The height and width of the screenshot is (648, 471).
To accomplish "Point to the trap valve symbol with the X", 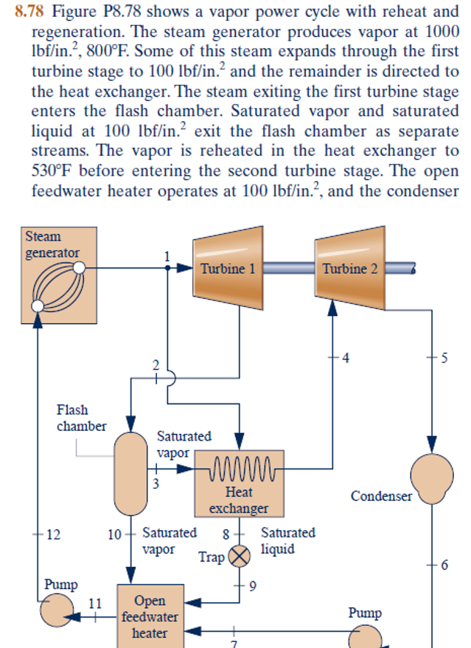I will (238, 556).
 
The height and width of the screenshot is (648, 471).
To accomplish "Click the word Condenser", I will (381, 496).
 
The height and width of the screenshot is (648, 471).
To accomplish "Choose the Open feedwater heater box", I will (150, 616).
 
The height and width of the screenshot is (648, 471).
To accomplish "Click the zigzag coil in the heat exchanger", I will (243, 470).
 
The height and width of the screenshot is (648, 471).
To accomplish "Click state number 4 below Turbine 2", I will (346, 359).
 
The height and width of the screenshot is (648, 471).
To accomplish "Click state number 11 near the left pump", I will (95, 603).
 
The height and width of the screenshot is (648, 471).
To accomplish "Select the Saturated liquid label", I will (287, 540).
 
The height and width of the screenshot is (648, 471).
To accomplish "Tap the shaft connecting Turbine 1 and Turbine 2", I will (289, 269).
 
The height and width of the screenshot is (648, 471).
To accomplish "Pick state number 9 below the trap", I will (252, 587).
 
